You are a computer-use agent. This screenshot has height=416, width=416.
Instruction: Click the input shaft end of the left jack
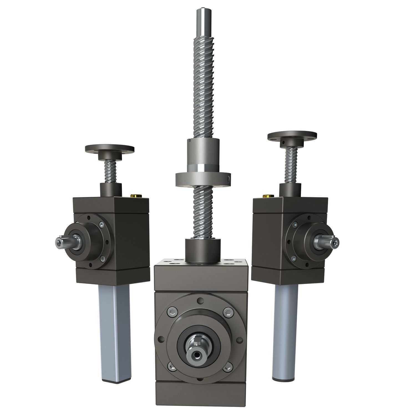[x=60, y=242]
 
